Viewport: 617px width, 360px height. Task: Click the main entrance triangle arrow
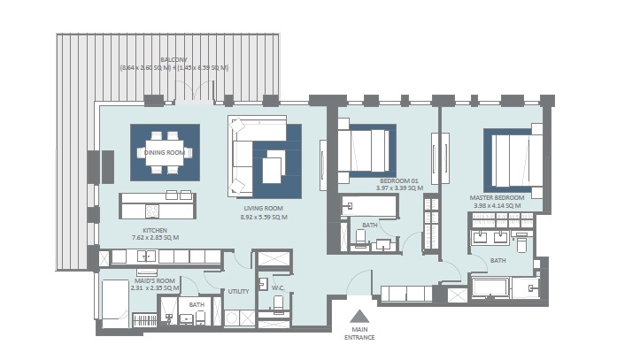359,316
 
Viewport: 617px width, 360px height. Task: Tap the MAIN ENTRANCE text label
359,333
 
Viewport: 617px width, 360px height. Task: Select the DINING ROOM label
165,152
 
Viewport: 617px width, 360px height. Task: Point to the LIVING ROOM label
264,208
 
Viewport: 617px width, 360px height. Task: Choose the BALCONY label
174,60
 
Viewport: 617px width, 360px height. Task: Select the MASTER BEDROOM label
498,197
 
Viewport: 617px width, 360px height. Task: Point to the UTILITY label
239,290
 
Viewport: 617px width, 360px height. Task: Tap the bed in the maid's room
116,303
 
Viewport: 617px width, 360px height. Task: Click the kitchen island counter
158,206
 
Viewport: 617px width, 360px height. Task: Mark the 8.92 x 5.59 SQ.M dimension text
264,217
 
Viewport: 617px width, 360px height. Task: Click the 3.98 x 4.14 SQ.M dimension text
498,206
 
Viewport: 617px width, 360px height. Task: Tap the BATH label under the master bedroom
498,260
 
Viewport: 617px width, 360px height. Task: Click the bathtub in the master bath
491,287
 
